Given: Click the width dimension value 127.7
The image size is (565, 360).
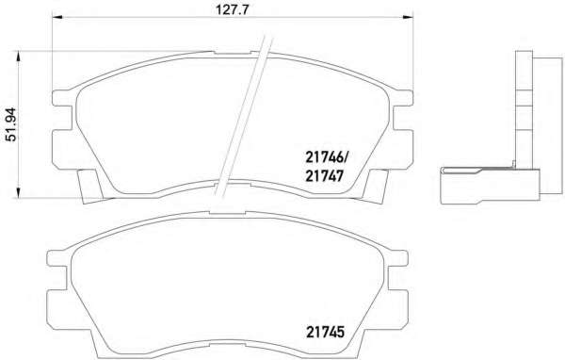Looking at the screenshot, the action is point(233,9).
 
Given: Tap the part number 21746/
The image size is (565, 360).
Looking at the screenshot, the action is point(327,156).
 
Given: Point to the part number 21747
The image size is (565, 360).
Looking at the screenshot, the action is point(324,176).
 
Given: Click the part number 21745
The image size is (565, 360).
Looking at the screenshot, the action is point(326,332).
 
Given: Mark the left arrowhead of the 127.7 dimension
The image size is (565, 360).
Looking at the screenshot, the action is point(57,17).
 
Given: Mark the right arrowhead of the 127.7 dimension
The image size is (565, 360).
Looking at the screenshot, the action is point(408,17).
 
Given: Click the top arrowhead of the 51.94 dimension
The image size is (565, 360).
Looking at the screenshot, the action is point(17,57).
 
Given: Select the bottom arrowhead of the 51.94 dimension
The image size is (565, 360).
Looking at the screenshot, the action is point(17,192).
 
